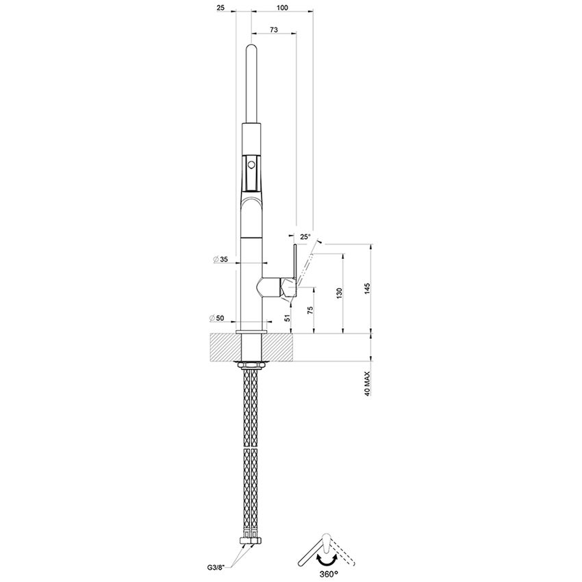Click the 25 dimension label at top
(x=220, y=8)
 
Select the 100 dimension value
(x=282, y=8)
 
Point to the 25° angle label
(x=305, y=237)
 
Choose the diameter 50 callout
(x=220, y=318)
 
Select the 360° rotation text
(x=327, y=573)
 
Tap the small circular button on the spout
(x=251, y=164)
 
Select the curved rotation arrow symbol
(x=327, y=559)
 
